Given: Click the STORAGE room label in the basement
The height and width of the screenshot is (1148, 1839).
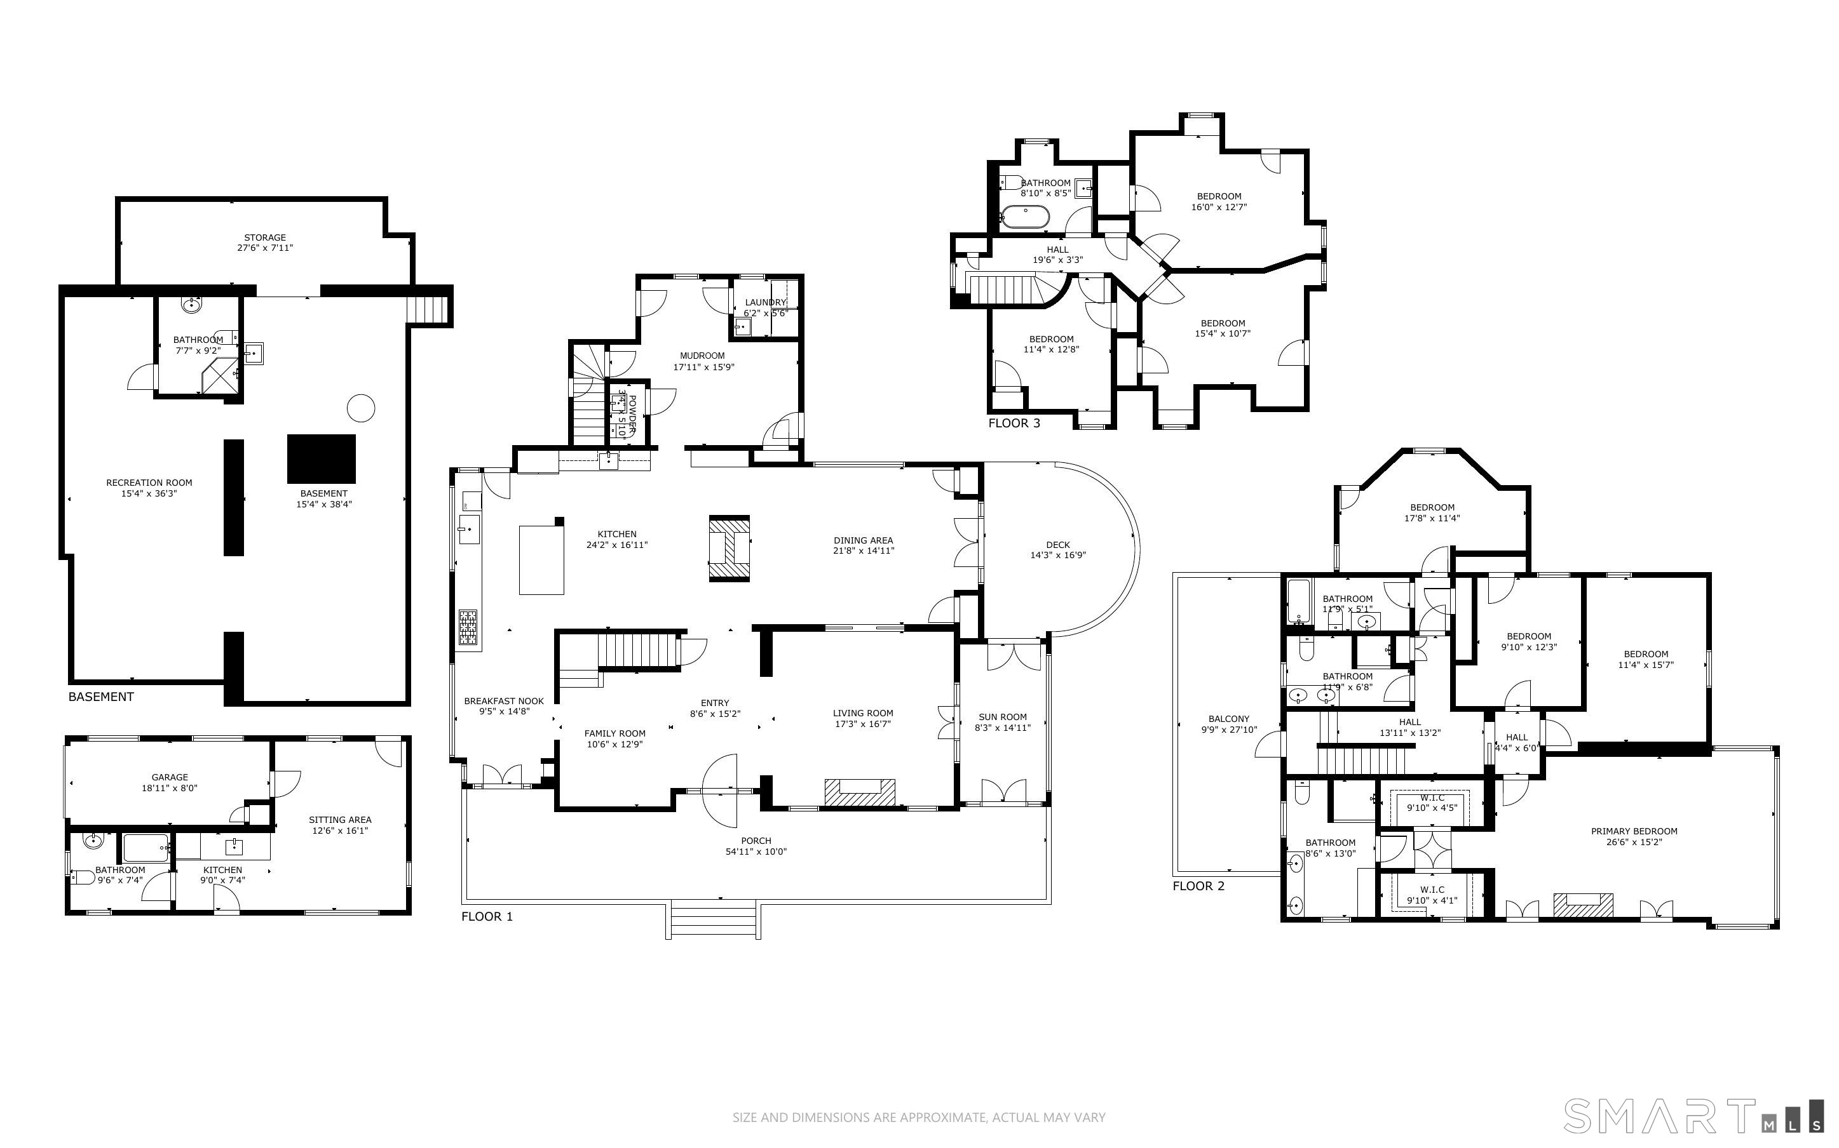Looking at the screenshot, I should [x=264, y=237].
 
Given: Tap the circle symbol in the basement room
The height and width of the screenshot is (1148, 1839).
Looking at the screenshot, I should [x=361, y=408].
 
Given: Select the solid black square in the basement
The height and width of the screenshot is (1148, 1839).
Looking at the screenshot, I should [x=322, y=458].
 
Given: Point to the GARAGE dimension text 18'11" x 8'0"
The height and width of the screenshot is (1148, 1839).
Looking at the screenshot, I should [x=170, y=788].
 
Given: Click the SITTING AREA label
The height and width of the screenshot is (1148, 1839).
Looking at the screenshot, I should [x=339, y=820].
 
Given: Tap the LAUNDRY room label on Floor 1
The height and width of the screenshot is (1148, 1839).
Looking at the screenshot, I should [x=765, y=302].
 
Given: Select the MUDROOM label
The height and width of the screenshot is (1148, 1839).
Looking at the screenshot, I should [x=703, y=356].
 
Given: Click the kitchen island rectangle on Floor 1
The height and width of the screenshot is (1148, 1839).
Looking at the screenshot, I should [x=541, y=559].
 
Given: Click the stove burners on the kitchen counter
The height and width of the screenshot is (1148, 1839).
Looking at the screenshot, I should [x=468, y=628].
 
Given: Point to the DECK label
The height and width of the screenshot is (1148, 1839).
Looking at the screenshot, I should [x=1057, y=544].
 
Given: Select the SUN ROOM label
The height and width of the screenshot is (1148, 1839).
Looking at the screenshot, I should [x=1002, y=717].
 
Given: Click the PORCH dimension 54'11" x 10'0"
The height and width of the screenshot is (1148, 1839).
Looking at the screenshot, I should [x=755, y=852].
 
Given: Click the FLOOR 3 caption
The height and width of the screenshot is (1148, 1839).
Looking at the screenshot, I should [x=1014, y=424].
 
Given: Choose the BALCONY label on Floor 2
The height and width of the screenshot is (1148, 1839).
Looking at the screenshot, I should [x=1228, y=719].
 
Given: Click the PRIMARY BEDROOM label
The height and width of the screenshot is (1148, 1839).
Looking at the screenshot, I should [x=1634, y=831].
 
